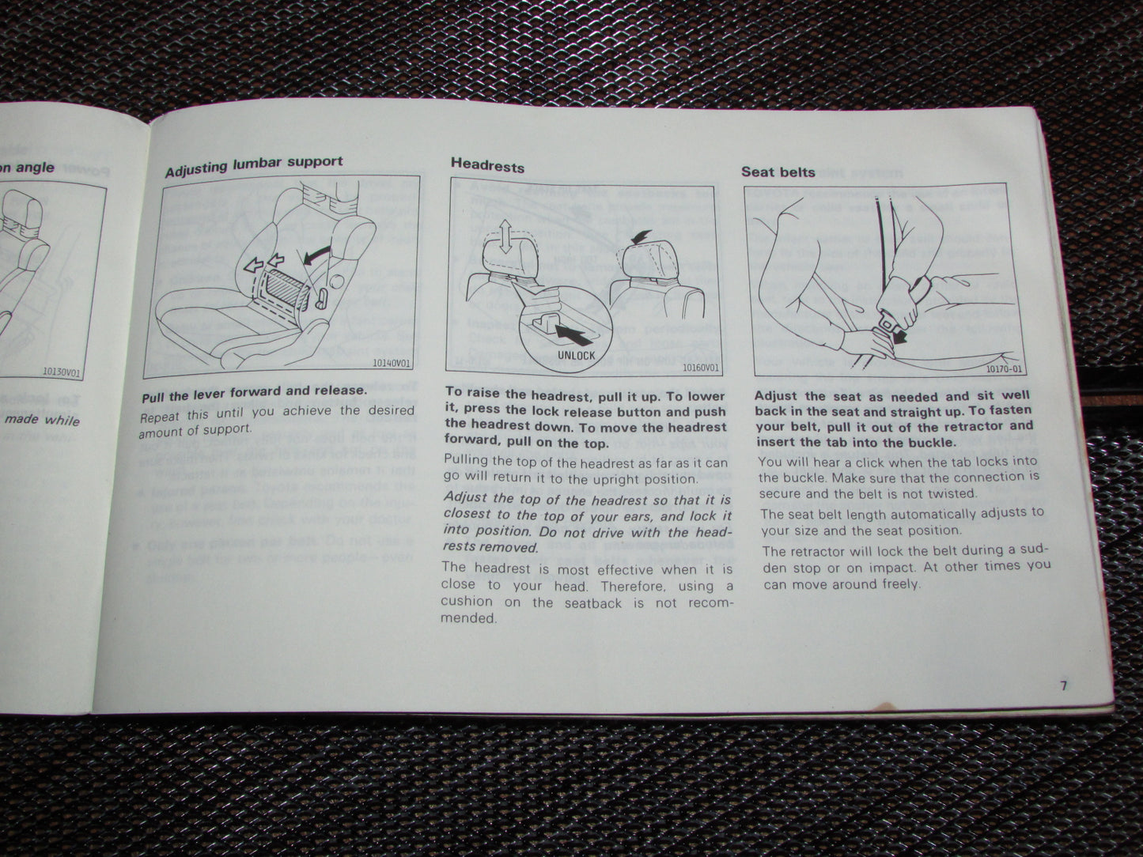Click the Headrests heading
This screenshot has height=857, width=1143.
(x=487, y=164)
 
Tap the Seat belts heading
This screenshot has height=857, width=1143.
(x=778, y=171)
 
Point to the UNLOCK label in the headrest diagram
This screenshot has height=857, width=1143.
(x=576, y=356)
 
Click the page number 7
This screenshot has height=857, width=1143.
(x=1064, y=685)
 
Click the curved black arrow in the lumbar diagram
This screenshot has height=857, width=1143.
(x=316, y=255)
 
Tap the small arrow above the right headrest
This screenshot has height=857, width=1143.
(x=641, y=236)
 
